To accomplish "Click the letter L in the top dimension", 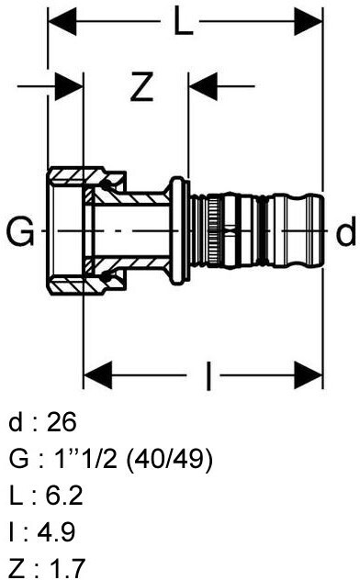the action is click(183, 22).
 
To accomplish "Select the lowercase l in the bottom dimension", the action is click(208, 376).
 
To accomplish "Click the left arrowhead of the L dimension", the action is click(62, 22).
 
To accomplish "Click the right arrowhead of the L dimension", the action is click(309, 22).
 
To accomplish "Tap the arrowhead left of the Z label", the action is click(69, 86).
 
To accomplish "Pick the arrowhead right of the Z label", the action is click(203, 86).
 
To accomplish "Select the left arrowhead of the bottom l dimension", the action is click(97, 376).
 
